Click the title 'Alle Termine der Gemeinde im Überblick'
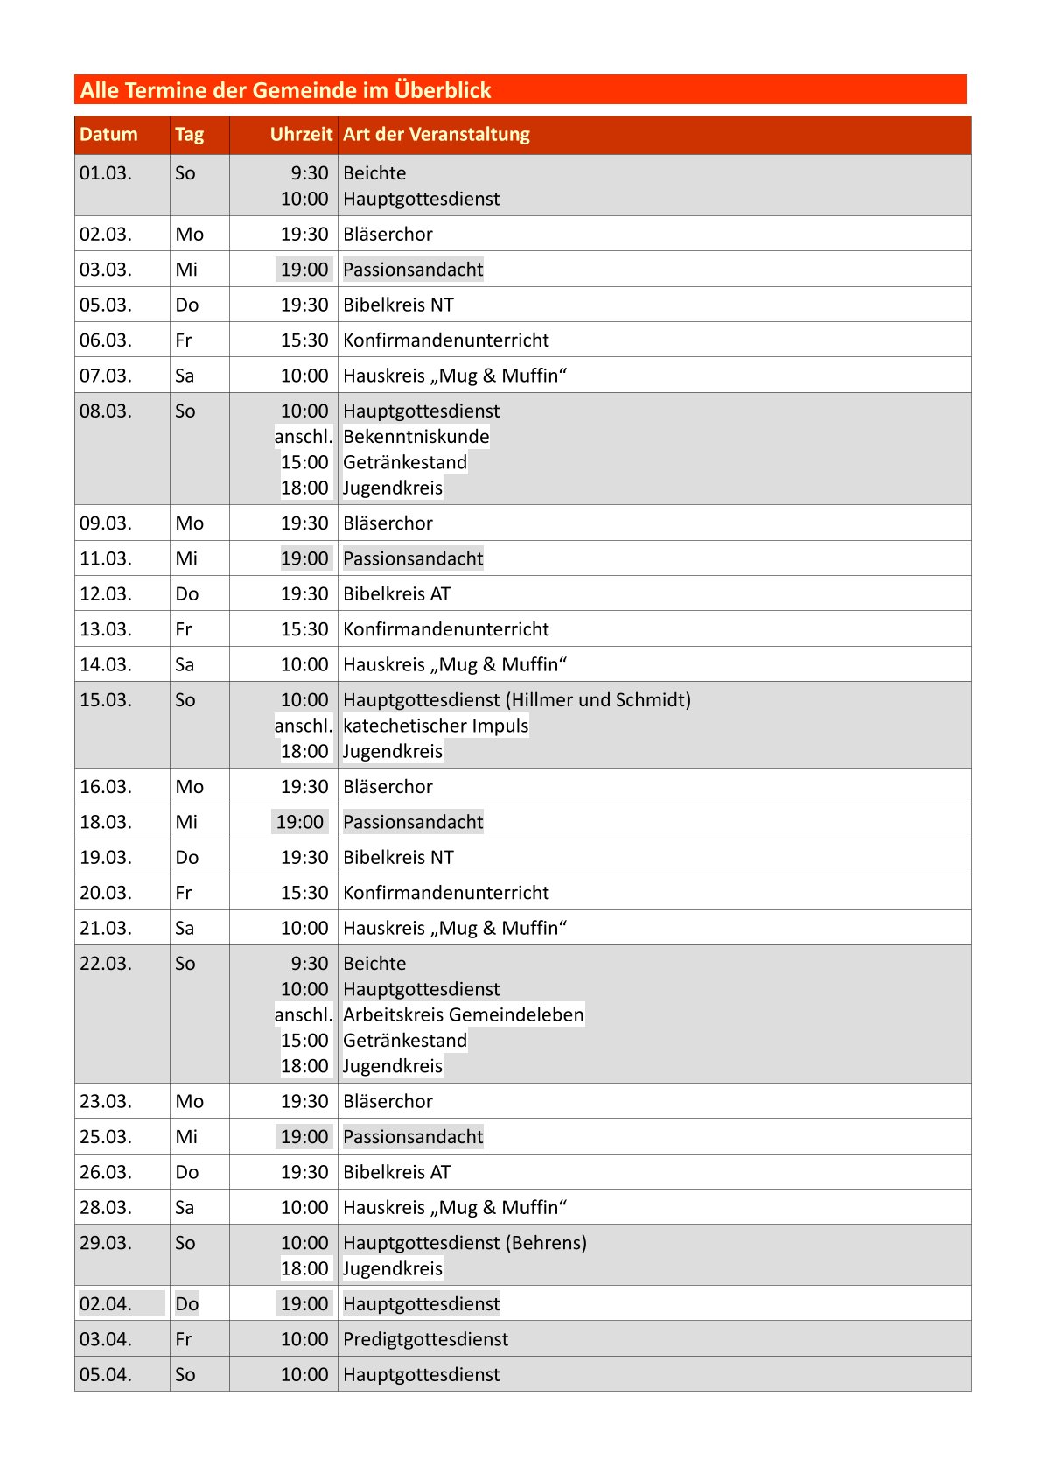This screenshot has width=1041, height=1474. (285, 90)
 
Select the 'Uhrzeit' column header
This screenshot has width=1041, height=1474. (301, 135)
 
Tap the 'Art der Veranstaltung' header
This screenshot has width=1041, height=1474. (436, 135)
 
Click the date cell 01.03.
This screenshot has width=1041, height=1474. (106, 173)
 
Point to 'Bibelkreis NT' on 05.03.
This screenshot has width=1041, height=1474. (398, 305)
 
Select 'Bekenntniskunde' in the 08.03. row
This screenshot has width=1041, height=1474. (416, 437)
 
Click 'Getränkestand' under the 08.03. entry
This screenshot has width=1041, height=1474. (405, 462)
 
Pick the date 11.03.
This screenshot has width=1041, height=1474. (106, 558)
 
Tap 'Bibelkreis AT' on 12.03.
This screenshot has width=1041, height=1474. (396, 594)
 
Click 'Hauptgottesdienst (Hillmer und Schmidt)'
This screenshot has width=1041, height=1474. (516, 700)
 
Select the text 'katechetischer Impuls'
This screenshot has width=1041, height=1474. (436, 726)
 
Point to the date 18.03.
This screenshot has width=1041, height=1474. (106, 822)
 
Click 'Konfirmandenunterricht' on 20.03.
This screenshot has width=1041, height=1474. (445, 893)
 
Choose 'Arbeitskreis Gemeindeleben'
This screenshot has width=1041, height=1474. (463, 1014)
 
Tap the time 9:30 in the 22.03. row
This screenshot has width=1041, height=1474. (310, 964)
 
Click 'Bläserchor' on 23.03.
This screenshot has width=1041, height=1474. (388, 1102)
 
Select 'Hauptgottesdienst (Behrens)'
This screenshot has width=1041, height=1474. (465, 1243)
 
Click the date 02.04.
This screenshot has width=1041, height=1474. (106, 1304)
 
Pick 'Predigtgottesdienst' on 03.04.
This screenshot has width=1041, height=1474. (425, 1339)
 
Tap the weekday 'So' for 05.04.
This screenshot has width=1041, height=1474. (185, 1375)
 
